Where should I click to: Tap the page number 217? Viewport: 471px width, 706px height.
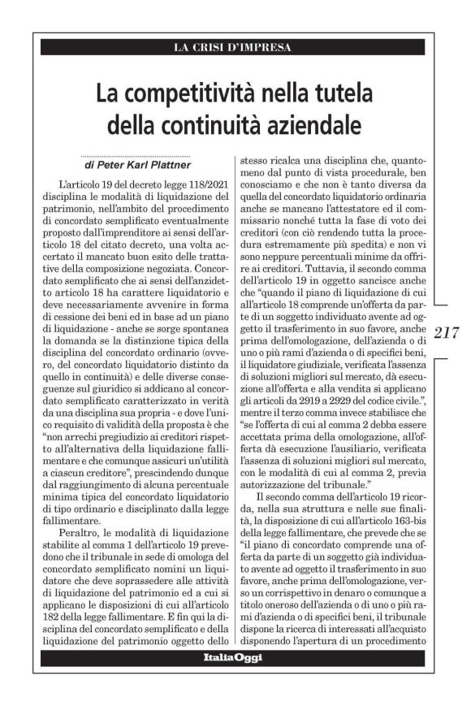pos(449,333)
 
